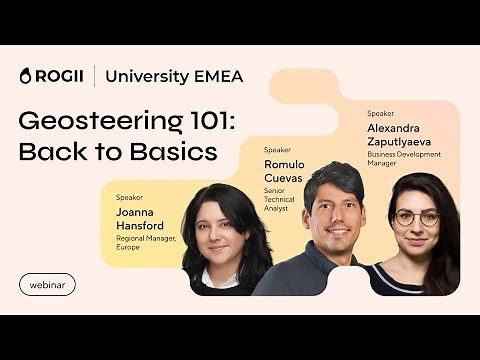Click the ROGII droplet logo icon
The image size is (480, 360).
tap(26, 76)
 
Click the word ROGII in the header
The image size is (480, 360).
tap(59, 76)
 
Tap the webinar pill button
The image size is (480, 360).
tap(47, 284)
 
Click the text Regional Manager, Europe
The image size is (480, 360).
tap(146, 242)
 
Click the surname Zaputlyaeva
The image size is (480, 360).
tap(409, 142)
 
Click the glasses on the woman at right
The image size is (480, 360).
tap(416, 217)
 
